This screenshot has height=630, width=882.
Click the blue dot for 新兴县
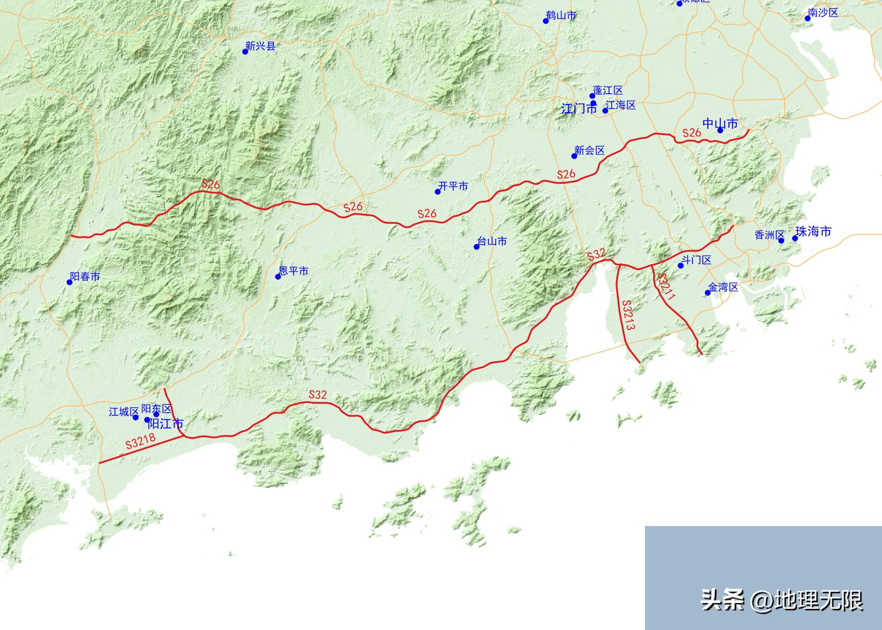point(245,51)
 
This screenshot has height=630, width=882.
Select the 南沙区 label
point(823,13)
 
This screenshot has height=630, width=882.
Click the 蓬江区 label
point(608,91)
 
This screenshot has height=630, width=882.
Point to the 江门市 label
point(578,109)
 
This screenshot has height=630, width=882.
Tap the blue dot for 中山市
point(720,130)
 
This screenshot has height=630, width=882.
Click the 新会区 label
point(589,150)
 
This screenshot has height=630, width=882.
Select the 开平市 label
point(453,186)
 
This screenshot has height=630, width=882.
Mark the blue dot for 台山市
point(477,247)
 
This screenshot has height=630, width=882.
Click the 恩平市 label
point(294,271)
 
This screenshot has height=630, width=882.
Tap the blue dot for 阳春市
point(70,282)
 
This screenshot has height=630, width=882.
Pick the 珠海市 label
point(814,232)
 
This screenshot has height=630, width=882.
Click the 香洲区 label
point(769,235)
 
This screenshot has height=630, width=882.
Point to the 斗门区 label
point(697,260)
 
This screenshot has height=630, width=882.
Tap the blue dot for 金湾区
point(708,293)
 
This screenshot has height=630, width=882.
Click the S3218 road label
point(140,442)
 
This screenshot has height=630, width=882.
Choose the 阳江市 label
point(165,424)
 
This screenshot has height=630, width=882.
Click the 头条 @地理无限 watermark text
point(781,600)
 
